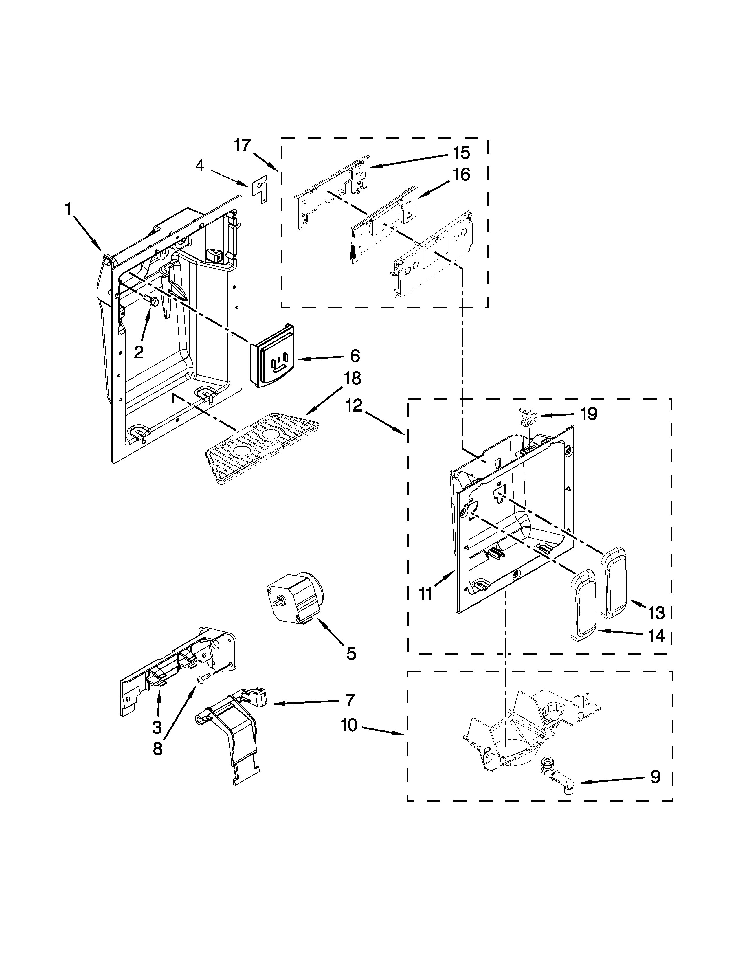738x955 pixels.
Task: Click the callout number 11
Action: (426, 594)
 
